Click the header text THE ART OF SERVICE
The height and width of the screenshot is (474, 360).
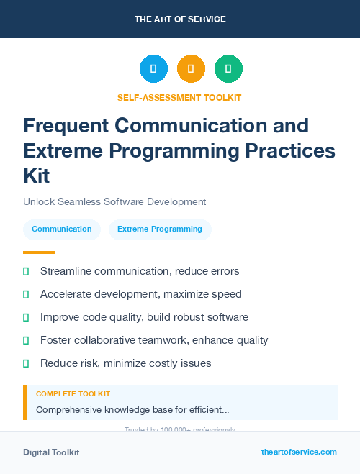click(x=180, y=19)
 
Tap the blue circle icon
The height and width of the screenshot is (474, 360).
click(x=153, y=68)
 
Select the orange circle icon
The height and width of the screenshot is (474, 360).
click(x=191, y=68)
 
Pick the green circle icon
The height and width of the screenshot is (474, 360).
click(x=228, y=68)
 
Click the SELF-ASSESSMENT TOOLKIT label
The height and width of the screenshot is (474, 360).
click(x=179, y=98)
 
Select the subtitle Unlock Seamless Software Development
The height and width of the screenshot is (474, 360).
click(x=114, y=202)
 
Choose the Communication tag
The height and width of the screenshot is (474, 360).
click(x=62, y=229)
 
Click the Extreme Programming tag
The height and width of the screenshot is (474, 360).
click(x=160, y=229)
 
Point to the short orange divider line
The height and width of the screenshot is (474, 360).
click(x=39, y=252)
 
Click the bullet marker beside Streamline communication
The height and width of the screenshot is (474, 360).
click(x=26, y=271)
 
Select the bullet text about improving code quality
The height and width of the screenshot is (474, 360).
click(x=144, y=317)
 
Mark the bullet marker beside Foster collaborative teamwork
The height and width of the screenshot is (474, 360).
click(x=26, y=340)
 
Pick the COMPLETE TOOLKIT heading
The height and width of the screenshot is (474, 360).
click(x=73, y=394)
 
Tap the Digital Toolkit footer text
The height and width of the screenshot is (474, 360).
click(x=51, y=452)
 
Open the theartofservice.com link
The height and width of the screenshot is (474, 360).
click(x=299, y=452)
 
